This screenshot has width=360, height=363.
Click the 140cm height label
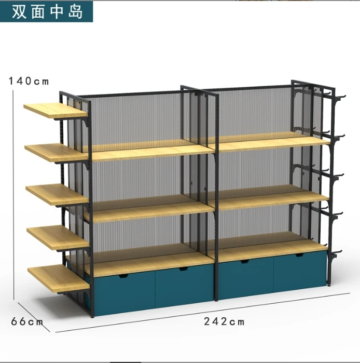pos(29,80)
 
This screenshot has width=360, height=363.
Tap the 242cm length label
pos(224,322)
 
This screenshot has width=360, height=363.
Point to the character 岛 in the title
pos(75,11)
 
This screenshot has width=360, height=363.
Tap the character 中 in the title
pos(57,11)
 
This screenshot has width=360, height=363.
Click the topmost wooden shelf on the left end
pos(54,110)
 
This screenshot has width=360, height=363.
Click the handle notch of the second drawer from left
pos(183,269)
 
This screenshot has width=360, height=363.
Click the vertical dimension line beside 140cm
pos(13,192)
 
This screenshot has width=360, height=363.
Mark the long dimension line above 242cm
pos(197,316)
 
